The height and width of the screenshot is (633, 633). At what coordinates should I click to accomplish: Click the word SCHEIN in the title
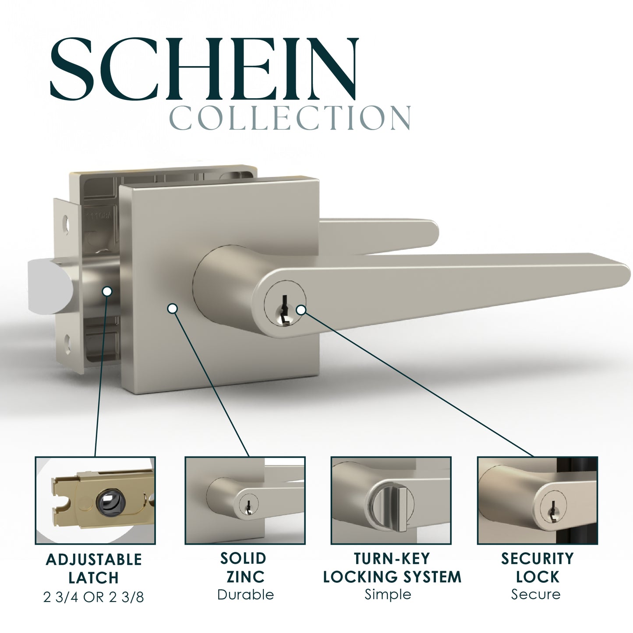tap(204, 69)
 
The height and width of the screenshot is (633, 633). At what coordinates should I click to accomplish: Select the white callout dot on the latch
tap(107, 291)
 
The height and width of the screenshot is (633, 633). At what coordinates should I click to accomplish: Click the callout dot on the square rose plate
tap(173, 308)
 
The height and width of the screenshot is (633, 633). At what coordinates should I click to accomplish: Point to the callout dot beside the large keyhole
tap(301, 310)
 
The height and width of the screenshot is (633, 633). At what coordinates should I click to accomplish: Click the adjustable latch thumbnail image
tap(95, 500)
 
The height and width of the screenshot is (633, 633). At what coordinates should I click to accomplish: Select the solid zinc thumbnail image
tap(245, 500)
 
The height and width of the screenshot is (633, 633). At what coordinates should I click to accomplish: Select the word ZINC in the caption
tap(245, 577)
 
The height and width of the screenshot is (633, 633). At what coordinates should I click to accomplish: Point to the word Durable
tap(245, 595)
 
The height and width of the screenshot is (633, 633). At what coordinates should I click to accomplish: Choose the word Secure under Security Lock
tap(536, 594)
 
